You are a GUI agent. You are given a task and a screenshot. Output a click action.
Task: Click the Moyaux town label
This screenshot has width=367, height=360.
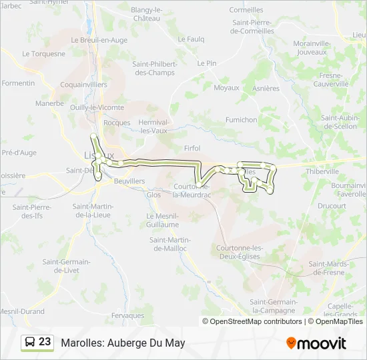pyautogui.click(x=226, y=87)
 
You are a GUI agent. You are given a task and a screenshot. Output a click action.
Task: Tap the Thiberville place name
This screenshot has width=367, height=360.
pyautogui.click(x=323, y=171)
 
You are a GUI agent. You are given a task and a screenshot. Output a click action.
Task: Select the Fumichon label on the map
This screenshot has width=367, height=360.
pyautogui.click(x=241, y=120)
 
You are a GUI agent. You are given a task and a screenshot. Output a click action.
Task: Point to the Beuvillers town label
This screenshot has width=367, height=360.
pyautogui.click(x=129, y=181)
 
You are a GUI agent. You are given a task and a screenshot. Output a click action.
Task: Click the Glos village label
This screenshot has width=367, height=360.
pyautogui.click(x=153, y=195)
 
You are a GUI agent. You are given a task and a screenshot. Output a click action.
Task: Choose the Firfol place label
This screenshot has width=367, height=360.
pyautogui.click(x=192, y=148)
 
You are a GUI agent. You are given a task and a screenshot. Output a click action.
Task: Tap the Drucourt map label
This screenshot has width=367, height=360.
pyautogui.click(x=332, y=206)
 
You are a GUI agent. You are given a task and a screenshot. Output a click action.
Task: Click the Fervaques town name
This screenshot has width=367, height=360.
pyautogui.click(x=128, y=315)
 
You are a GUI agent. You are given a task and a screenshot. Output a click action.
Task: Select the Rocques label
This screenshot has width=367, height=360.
pyautogui.click(x=117, y=123)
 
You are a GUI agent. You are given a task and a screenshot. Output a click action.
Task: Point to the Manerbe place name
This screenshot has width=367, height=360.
pyautogui.click(x=49, y=103)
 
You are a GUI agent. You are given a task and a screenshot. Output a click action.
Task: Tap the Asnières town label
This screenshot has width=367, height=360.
pyautogui.click(x=266, y=88)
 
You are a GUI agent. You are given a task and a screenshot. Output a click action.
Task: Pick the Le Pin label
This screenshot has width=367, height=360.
pyautogui.click(x=207, y=63)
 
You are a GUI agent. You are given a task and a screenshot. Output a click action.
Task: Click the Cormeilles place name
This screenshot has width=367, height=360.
pyautogui.click(x=246, y=10)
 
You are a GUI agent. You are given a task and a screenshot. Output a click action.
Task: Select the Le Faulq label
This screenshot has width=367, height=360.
pyautogui.click(x=191, y=39)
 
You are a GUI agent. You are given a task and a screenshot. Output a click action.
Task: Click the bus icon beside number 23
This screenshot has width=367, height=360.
pyautogui.click(x=30, y=343)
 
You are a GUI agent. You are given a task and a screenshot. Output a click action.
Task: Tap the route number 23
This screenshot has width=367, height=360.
pyautogui.click(x=45, y=342)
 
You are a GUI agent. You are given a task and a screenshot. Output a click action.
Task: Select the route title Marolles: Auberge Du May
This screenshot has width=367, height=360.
pyautogui.click(x=123, y=343)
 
